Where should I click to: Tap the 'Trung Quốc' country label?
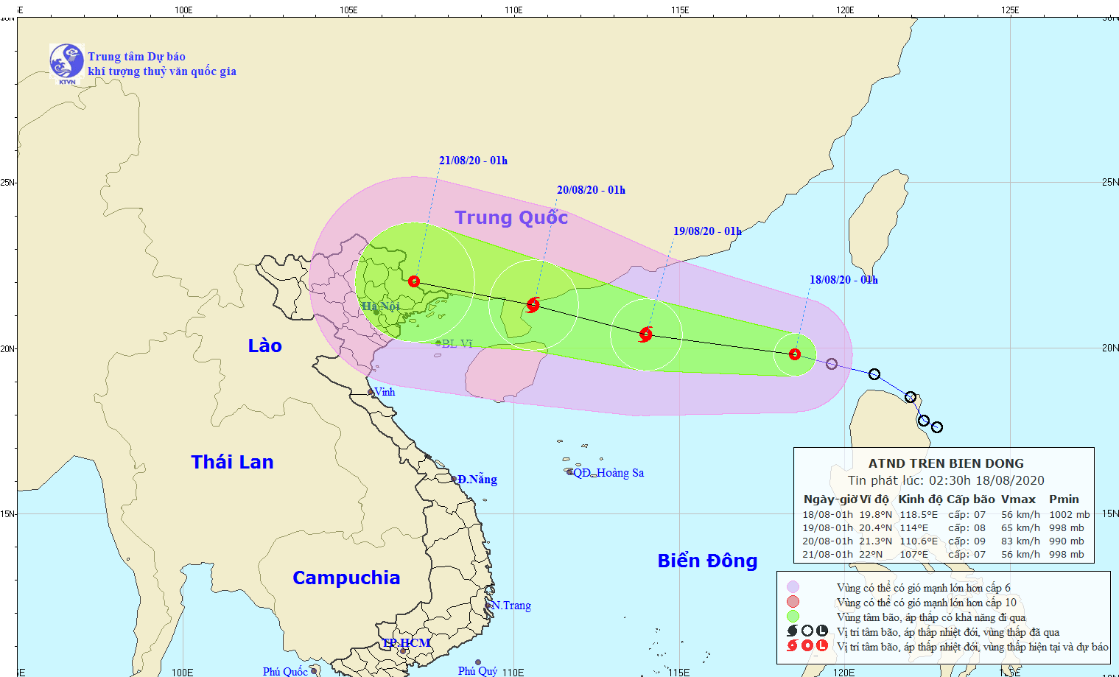tap(511, 217)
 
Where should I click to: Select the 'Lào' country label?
tap(264, 345)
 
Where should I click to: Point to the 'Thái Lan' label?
tap(232, 462)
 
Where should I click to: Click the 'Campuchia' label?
tap(346, 578)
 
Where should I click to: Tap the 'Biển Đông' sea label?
tap(707, 561)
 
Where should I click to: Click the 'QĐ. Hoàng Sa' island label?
tap(608, 473)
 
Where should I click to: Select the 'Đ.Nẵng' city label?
tap(477, 480)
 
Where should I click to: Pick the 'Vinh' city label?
tap(385, 392)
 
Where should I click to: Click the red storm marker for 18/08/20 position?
tap(794, 354)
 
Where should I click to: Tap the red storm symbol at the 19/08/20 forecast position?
tap(646, 334)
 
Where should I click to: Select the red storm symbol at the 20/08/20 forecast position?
tap(533, 304)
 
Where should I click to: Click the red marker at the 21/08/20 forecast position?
tap(414, 281)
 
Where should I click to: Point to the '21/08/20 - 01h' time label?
tap(473, 161)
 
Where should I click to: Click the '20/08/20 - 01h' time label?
tap(591, 190)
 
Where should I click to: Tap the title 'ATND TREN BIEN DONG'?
tap(946, 463)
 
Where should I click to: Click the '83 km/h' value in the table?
tap(1020, 541)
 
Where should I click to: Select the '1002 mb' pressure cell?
tap(1069, 514)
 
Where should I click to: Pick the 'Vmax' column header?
tap(1018, 499)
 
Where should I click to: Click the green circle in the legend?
tap(793, 617)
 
